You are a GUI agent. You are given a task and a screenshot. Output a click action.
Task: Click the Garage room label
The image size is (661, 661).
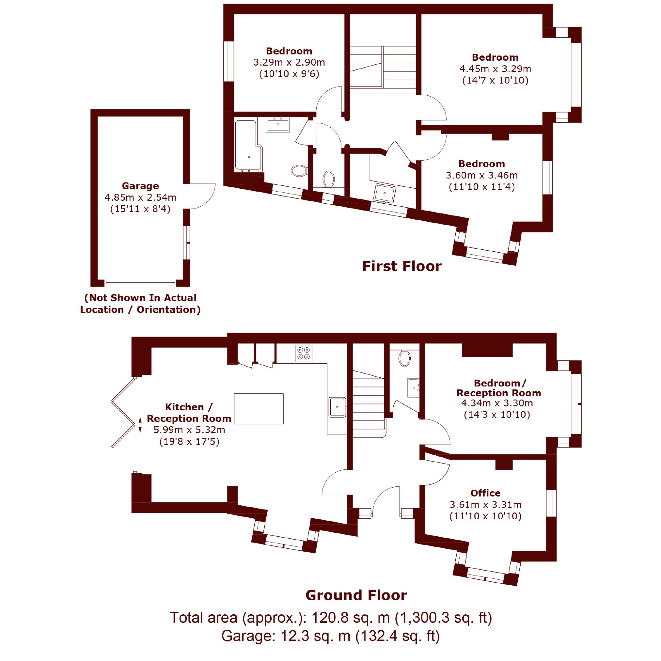tap(140, 186)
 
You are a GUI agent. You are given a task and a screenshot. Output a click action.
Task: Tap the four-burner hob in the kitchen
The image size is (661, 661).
tap(304, 353)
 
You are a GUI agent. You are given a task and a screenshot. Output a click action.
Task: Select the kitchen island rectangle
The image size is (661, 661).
tap(259, 409)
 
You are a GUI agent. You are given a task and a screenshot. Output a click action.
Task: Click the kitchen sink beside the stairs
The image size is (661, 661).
tap(337, 407)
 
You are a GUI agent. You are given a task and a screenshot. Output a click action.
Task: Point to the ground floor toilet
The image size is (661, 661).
tap(405, 358)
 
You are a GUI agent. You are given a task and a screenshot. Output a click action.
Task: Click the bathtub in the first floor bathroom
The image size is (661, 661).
tap(248, 145)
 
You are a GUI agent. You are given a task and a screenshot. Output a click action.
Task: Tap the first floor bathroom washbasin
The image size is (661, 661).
tap(278, 125)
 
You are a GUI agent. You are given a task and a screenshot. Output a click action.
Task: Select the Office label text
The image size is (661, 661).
tap(485, 493)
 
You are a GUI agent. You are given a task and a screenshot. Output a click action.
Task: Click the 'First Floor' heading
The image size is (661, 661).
tap(402, 266)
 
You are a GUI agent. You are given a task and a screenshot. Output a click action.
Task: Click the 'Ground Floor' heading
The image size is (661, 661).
tap(356, 595)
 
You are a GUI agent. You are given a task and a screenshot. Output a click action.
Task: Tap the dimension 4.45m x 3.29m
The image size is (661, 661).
tap(495, 69)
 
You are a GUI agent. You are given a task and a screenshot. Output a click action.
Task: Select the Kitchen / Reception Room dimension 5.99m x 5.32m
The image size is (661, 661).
tap(189, 430)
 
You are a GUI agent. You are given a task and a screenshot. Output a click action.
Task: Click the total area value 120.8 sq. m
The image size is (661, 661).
tap(351, 618)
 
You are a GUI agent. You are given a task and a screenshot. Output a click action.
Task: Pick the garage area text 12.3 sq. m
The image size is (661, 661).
tap(315, 636)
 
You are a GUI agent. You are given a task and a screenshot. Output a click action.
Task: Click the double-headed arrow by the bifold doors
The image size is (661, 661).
tap(140, 425)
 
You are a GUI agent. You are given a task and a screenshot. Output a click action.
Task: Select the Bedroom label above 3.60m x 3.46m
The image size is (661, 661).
tap(482, 164)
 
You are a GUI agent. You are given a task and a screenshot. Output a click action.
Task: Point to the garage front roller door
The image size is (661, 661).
tap(140, 283)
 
